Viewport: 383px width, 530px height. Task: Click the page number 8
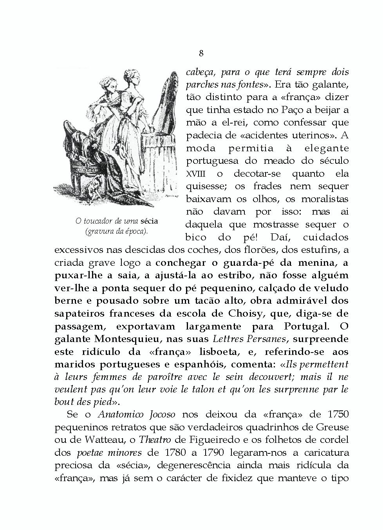[201, 54]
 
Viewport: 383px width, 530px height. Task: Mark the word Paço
[280, 110]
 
